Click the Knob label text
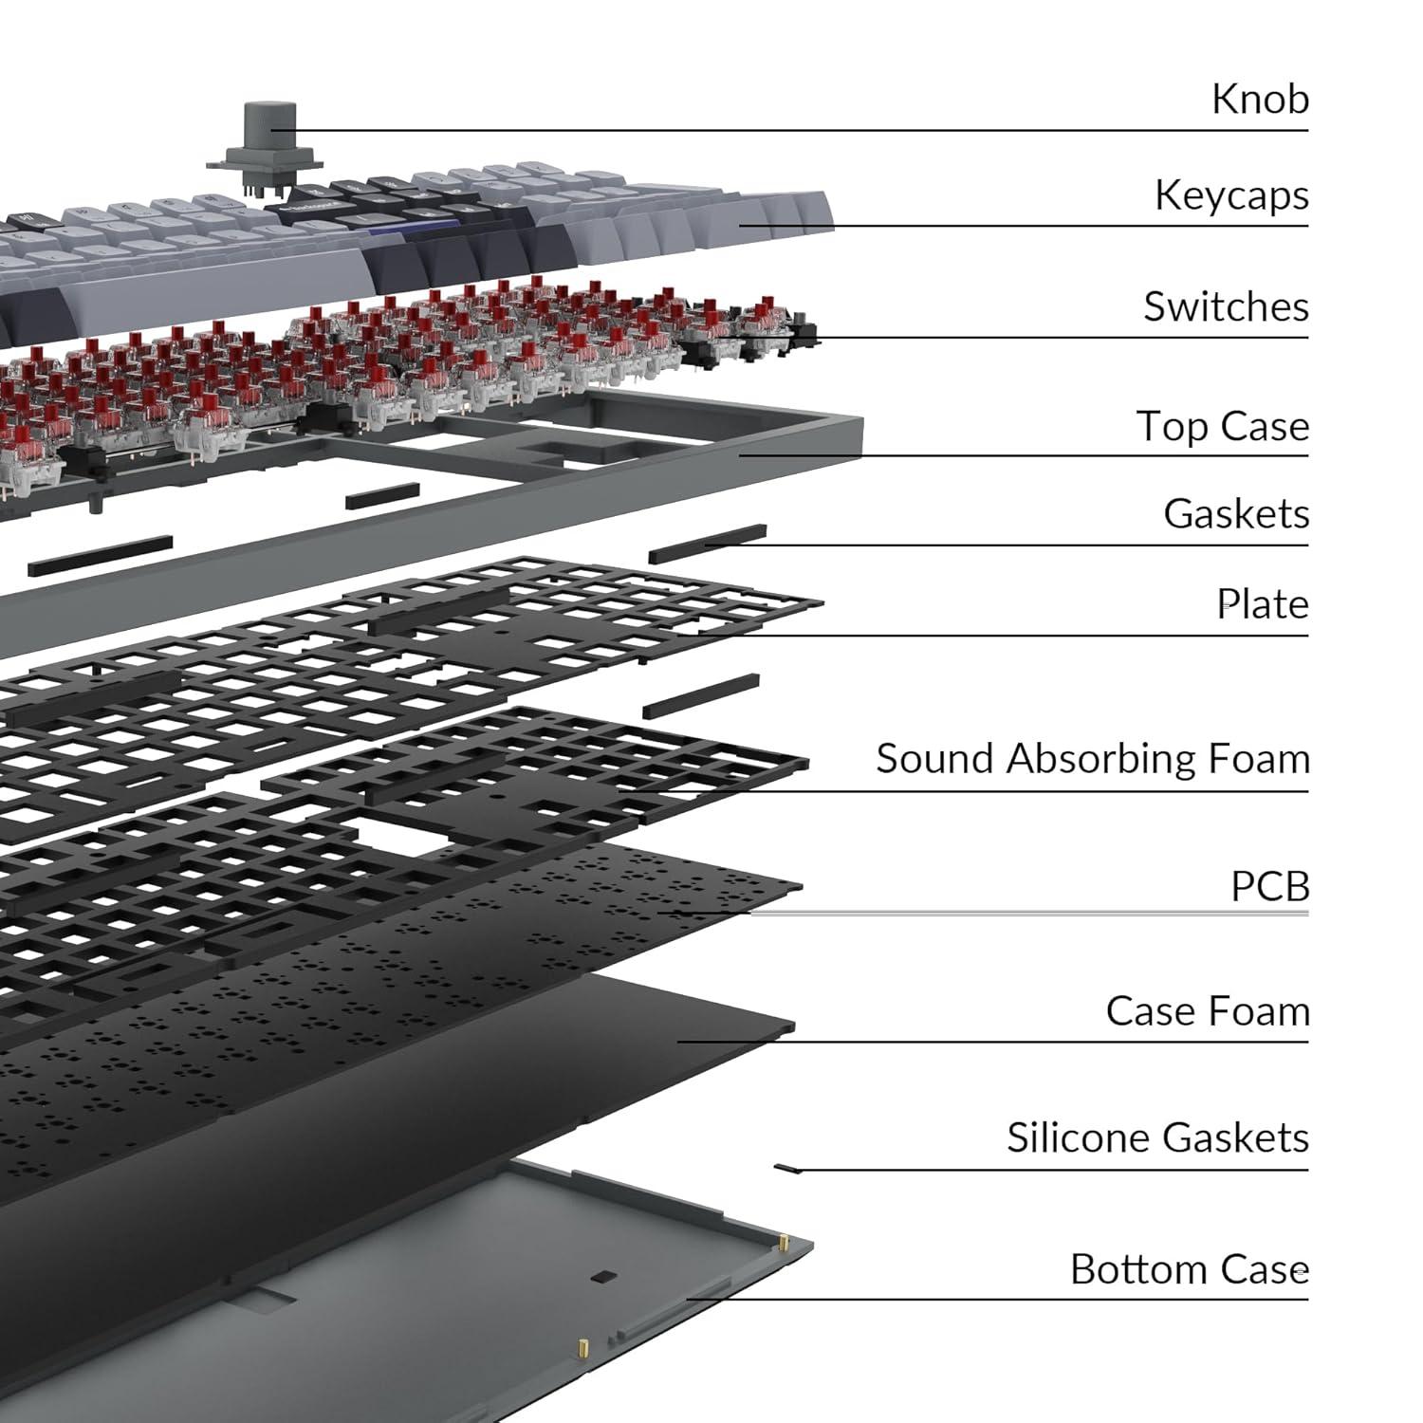tap(1260, 99)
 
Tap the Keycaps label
tap(1231, 195)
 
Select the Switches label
tap(1226, 306)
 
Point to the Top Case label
tap(1222, 426)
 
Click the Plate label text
tap(1262, 604)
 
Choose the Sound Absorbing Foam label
tap(1092, 759)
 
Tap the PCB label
tap(1269, 887)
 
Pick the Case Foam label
tap(1207, 1011)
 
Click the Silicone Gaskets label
tap(1157, 1137)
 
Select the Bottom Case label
tap(1189, 1269)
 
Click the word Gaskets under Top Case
tap(1236, 514)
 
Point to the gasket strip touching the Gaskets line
tap(708, 544)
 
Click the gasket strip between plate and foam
tap(700, 695)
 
